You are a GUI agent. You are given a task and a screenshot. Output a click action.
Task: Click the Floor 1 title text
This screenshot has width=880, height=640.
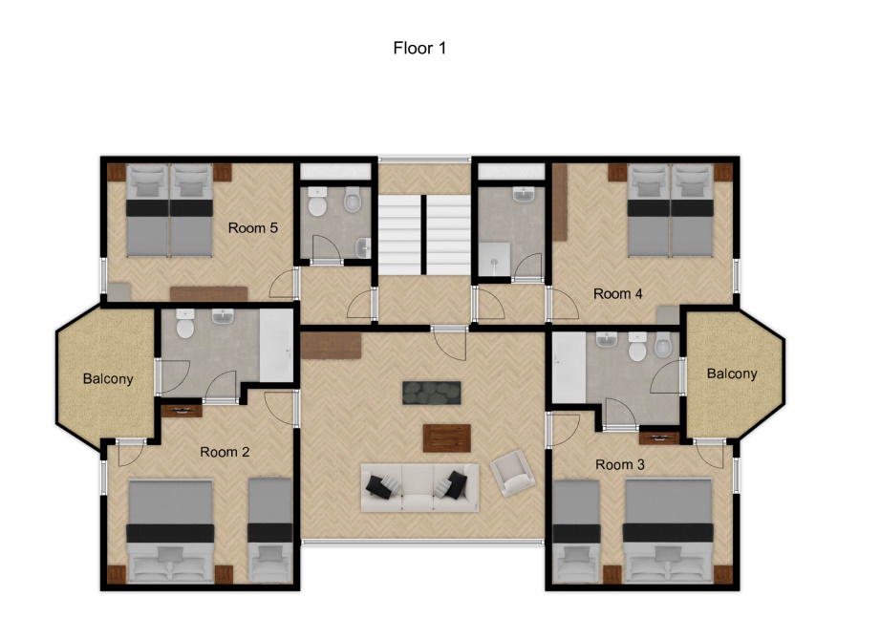pos(419,48)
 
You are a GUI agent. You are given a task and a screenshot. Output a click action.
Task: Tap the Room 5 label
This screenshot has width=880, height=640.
pos(252,227)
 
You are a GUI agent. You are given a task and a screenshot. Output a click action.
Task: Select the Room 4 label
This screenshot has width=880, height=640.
pos(618,293)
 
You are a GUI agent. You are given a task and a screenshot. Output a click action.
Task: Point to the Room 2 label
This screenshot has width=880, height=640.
pos(225,452)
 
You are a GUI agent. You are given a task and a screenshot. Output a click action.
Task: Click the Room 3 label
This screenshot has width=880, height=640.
pos(619,464)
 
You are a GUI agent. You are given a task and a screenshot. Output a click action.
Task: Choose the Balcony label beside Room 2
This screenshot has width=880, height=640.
pos(108,378)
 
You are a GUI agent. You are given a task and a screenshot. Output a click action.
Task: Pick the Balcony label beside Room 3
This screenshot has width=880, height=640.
pos(732,373)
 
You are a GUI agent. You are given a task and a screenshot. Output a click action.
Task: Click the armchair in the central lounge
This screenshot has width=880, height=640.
pos(512,473)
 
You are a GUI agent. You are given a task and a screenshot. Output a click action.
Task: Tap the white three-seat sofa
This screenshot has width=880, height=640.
pos(419,487)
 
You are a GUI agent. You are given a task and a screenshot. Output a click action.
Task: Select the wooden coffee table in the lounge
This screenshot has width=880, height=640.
pos(447,438)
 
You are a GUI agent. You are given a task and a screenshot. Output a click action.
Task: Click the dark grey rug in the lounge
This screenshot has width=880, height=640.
pos(432,393)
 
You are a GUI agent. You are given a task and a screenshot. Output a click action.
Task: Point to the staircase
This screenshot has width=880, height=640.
pos(424,234)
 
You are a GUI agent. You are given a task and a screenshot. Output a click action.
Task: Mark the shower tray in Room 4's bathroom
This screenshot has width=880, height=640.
pos(494,259)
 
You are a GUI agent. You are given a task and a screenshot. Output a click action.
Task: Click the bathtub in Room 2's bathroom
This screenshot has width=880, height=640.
pos(276,346)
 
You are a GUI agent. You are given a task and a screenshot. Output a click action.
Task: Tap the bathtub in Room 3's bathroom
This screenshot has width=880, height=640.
pos(569,367)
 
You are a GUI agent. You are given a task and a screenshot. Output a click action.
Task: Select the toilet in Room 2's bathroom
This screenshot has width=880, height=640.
pos(185,323)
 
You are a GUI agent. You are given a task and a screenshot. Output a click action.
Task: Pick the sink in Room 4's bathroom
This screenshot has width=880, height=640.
pos(523,195)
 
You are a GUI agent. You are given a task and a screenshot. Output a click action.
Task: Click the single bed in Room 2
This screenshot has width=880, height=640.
pos(270,530)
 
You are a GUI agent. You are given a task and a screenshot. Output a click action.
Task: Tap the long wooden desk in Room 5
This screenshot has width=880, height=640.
pos(209,294)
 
